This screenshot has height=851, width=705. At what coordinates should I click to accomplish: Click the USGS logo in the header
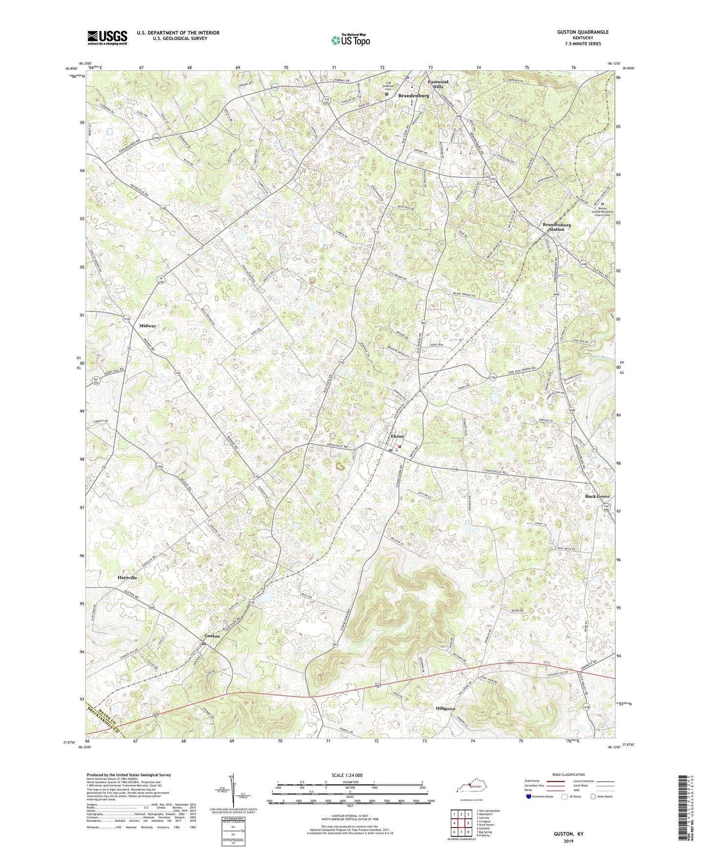click(x=107, y=37)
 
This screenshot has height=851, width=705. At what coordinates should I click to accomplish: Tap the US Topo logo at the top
click(x=350, y=40)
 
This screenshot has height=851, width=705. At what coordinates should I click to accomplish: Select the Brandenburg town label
click(x=413, y=96)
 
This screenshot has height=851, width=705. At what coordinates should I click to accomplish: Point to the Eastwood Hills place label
click(x=438, y=84)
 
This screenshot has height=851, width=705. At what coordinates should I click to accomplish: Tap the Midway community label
click(x=148, y=326)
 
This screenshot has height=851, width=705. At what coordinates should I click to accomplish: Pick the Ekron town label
click(x=397, y=436)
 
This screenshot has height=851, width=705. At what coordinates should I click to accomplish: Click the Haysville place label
click(x=127, y=578)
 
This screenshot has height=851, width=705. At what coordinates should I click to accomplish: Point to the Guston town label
click(x=212, y=636)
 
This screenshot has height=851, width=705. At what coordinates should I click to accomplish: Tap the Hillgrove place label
click(x=445, y=708)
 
